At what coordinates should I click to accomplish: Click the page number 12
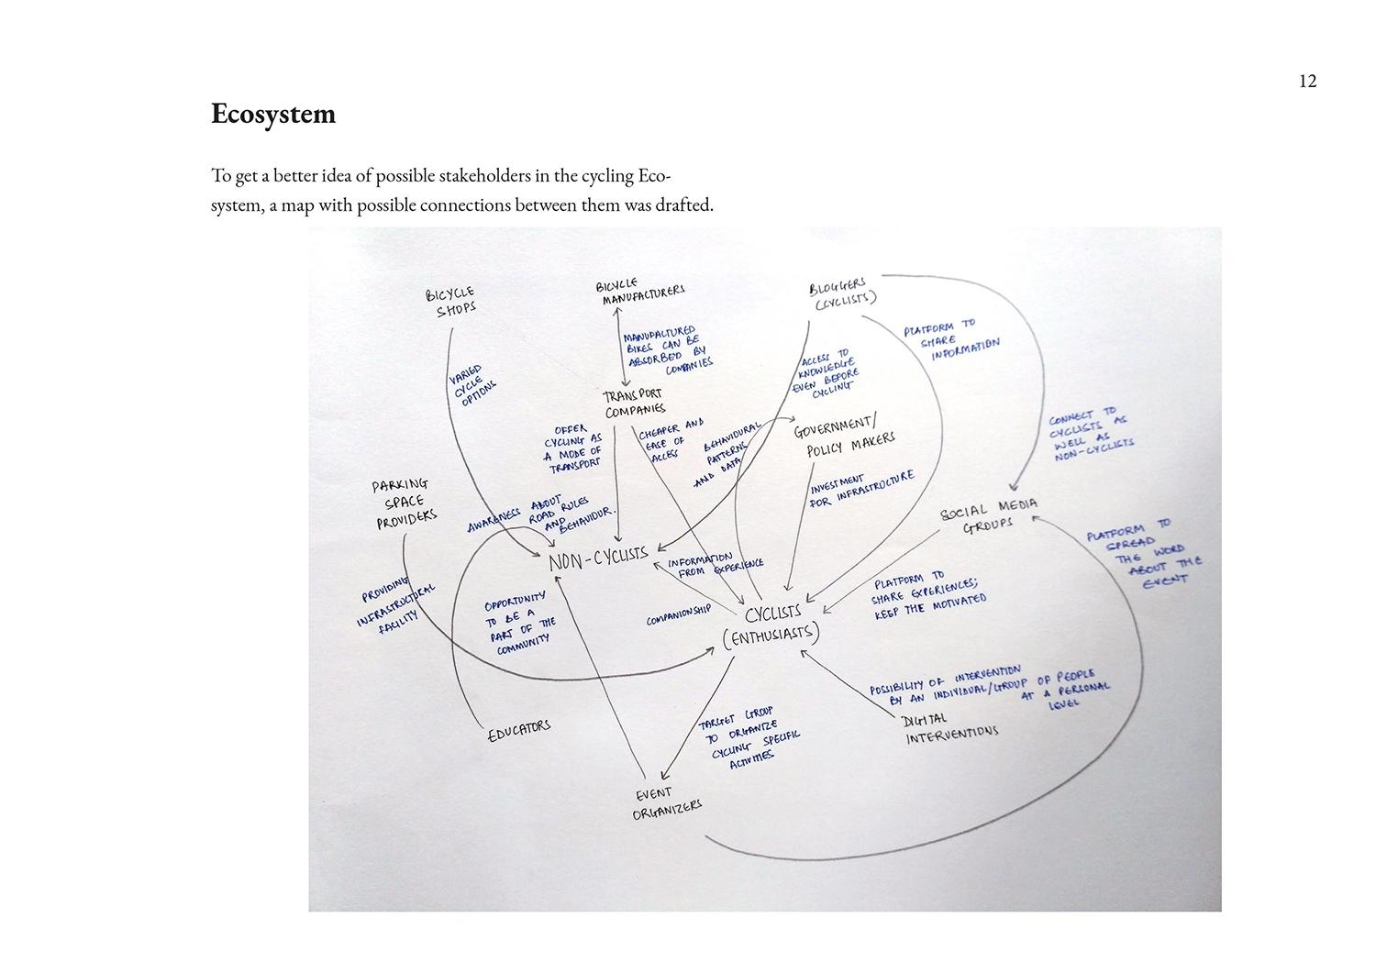(1307, 82)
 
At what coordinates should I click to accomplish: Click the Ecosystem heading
(273, 115)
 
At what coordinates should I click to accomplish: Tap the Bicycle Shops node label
(452, 301)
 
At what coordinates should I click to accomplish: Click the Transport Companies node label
(634, 404)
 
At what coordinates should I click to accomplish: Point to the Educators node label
(518, 730)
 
